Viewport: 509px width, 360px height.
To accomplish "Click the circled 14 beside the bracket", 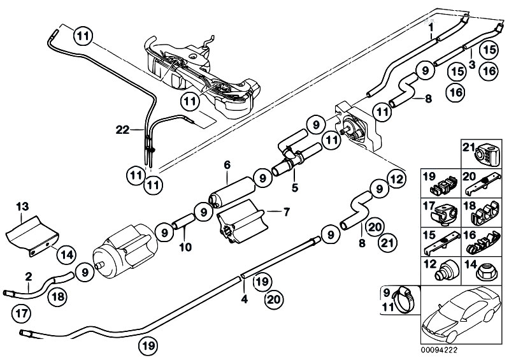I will tap(66, 254).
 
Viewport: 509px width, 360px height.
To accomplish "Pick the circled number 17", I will tap(20, 313).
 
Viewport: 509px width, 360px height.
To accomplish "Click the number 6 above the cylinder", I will tap(226, 164).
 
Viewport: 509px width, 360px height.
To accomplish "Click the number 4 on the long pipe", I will tap(244, 297).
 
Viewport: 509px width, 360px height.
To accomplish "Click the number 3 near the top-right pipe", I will tap(471, 64).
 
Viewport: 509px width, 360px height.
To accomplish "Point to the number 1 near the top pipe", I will tap(431, 28).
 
